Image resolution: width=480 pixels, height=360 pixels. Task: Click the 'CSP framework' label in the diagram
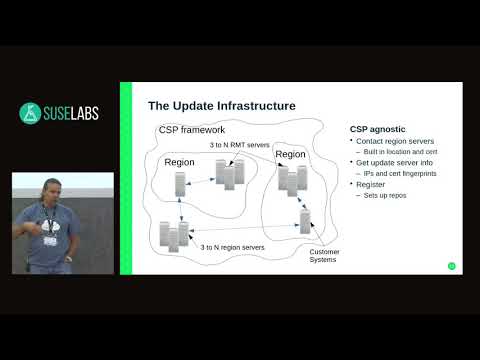(192, 131)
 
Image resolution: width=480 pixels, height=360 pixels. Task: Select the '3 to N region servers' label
(234, 246)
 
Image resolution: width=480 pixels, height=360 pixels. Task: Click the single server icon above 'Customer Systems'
(305, 221)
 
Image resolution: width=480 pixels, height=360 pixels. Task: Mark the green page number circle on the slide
(451, 265)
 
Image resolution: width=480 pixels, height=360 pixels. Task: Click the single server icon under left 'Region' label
(181, 184)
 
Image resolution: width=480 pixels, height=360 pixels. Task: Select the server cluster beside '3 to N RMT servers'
(229, 174)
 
